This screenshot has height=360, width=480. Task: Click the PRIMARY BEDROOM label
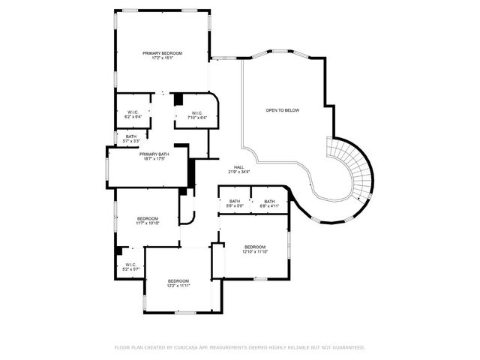pos(163,52)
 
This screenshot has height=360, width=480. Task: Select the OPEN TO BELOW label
pos(282,110)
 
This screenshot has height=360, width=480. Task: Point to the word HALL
pos(238,167)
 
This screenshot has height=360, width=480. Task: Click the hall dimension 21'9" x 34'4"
pos(238,172)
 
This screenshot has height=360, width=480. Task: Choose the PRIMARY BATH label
pos(154,154)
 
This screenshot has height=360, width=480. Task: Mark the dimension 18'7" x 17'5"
pos(154,159)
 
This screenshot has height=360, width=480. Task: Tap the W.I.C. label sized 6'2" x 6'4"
pos(132,112)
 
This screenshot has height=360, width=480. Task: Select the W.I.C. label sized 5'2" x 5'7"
pos(130,264)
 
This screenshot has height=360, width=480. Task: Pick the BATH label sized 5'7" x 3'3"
pos(131,136)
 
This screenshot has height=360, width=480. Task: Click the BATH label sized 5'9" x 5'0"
pos(235,201)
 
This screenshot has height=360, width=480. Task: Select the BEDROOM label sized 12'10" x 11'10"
pos(254,247)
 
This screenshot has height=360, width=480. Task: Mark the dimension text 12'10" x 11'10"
pos(254,252)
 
